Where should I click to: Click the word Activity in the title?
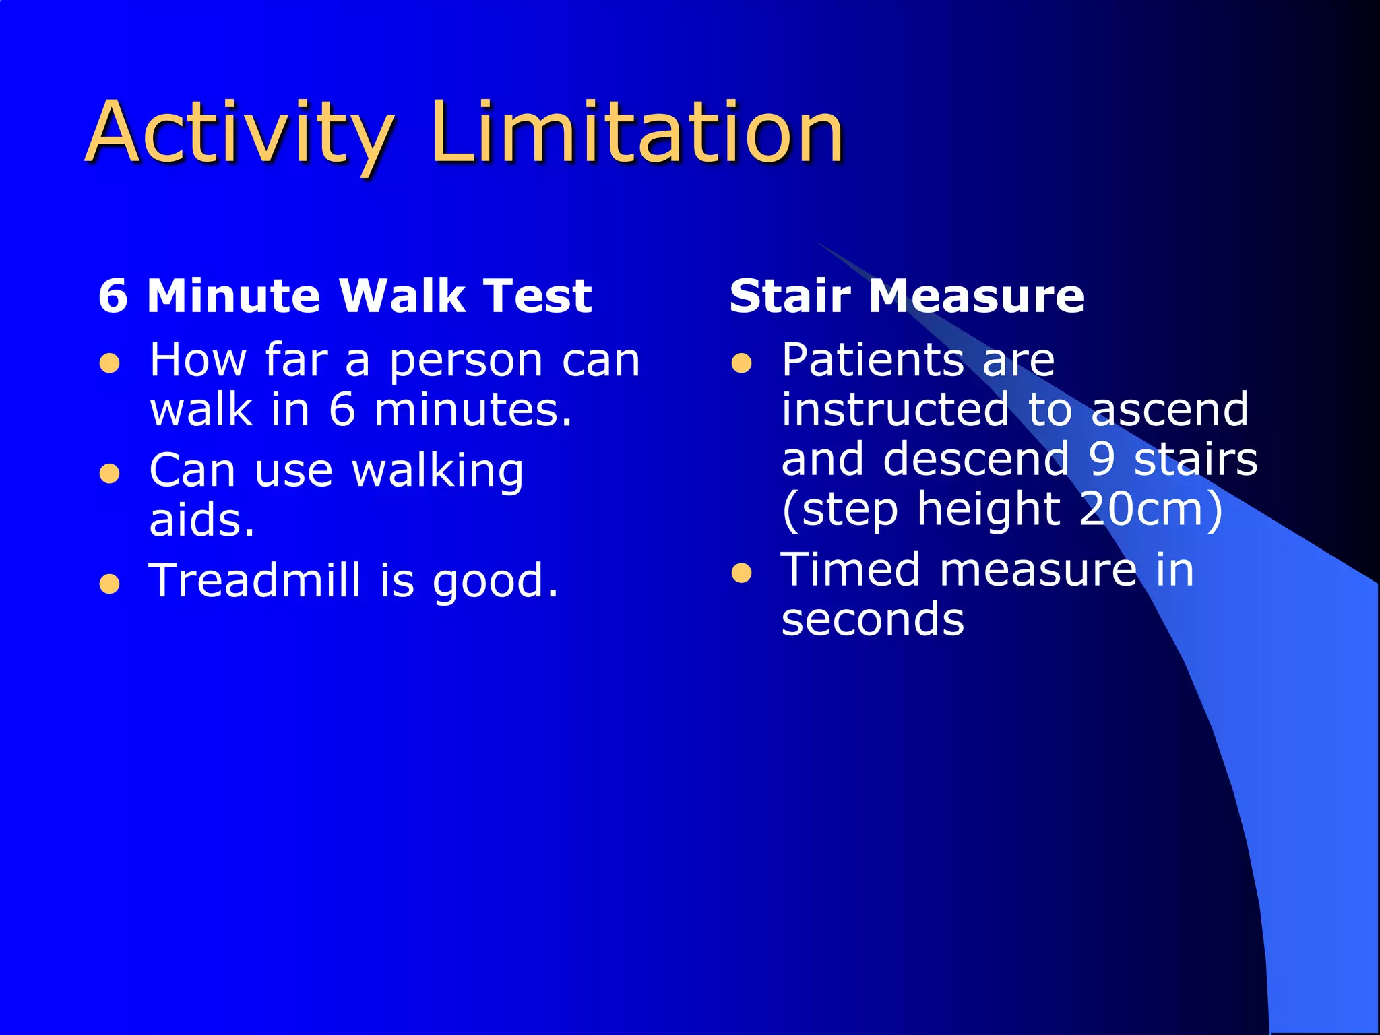coord(239,133)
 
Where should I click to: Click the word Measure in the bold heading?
coord(976,296)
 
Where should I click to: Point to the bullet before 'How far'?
coord(110,365)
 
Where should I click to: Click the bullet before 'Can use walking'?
coord(110,474)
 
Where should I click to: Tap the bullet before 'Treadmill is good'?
coord(110,584)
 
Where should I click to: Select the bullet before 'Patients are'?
coord(741,365)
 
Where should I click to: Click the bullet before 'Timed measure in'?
coord(741,573)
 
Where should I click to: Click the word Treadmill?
coord(255,580)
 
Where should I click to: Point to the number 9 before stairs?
coord(1102,460)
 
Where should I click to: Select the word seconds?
coord(873,620)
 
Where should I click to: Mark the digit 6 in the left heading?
coord(113,296)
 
